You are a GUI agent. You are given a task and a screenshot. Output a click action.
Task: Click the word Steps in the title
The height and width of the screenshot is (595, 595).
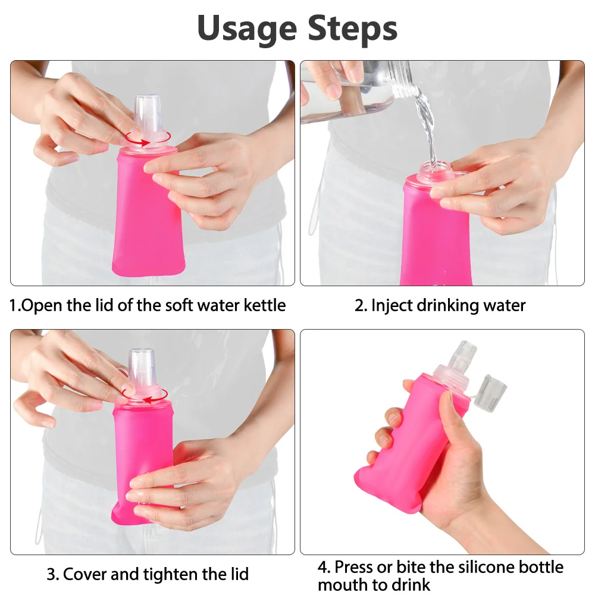pyautogui.click(x=352, y=29)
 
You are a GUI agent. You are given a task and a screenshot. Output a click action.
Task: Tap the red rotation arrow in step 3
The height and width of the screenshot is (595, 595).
pyautogui.click(x=145, y=396)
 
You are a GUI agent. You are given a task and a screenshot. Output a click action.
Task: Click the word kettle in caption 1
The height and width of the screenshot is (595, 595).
pyautogui.click(x=265, y=305)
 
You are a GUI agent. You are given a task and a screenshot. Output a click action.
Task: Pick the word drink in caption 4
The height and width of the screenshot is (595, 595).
pyautogui.click(x=412, y=585)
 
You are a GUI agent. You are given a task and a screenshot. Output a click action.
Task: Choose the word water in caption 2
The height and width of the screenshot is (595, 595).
pyautogui.click(x=505, y=306)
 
